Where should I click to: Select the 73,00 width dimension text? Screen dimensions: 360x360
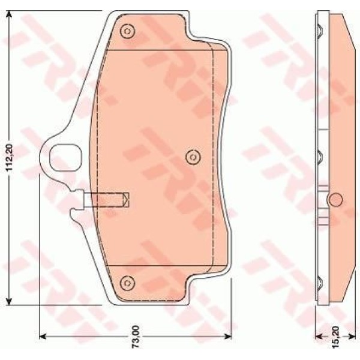pyautogui.click(x=136, y=345)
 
